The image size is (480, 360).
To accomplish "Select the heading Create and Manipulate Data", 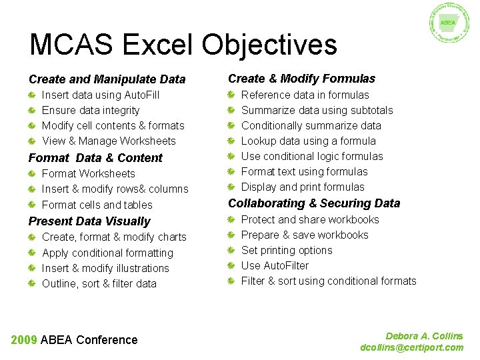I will point(107,79).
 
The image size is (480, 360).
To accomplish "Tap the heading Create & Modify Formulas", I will point(301,79).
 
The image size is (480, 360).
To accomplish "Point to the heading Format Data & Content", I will point(95,158).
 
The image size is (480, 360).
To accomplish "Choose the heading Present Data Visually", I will point(89,221).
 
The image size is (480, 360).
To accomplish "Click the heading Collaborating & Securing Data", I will point(314,203).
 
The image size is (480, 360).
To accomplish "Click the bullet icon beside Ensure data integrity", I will point(32,111).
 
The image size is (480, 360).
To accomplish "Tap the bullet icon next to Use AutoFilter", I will point(231,266).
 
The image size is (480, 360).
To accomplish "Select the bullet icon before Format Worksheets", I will point(32,174).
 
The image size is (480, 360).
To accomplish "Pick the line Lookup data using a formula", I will point(308,141).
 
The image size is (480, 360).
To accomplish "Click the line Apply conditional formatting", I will point(107,253).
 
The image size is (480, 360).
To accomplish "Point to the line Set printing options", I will point(286,250).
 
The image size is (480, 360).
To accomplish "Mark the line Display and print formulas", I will point(302,187).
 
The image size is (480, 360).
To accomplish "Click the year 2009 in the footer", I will point(24,340).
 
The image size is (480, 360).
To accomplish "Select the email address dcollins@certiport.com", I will point(411,347).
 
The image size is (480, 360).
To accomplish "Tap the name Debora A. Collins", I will point(424,336).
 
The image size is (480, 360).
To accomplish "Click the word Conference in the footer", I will point(107,340).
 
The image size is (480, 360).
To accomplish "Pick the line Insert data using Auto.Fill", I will point(101,95).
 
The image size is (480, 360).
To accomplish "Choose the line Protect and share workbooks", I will point(309,219).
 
